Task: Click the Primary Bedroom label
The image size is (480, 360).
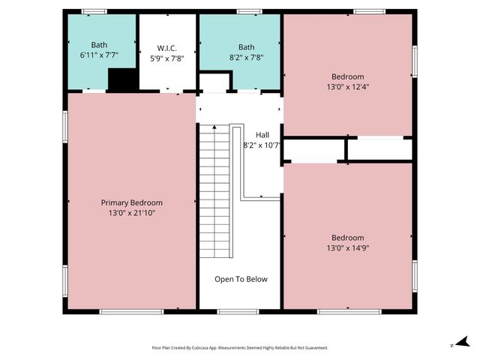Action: click(x=132, y=202)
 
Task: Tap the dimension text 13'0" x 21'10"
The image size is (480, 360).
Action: click(x=132, y=213)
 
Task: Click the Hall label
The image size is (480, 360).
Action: click(x=262, y=135)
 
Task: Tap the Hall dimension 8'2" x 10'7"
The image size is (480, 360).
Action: click(x=261, y=145)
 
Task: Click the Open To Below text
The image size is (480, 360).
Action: click(x=241, y=279)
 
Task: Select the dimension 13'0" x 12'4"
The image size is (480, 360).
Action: click(x=348, y=87)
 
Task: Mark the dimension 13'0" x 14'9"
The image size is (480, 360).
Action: click(x=348, y=247)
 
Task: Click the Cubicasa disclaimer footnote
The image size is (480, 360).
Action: click(x=240, y=348)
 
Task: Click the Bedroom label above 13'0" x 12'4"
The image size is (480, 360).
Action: click(x=348, y=76)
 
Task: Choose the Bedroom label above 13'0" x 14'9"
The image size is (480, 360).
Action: click(x=348, y=237)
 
